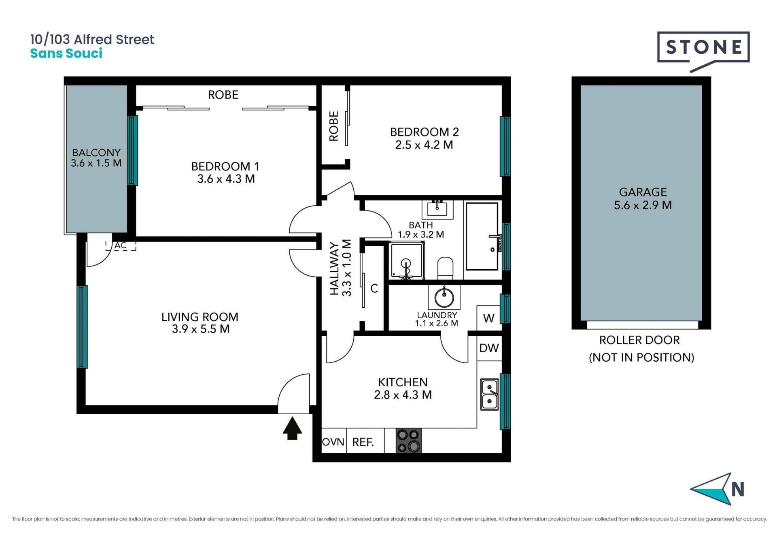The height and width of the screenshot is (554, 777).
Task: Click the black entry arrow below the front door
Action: coord(292,428)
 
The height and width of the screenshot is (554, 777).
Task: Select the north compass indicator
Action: coord(718,489)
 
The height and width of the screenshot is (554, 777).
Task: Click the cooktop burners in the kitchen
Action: coord(408,441)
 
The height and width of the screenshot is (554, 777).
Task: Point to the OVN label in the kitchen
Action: coord(333,442)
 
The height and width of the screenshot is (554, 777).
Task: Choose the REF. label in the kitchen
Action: coord(363,442)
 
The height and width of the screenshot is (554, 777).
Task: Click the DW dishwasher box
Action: coord(489,348)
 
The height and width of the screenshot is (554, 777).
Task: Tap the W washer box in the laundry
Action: coord(489,318)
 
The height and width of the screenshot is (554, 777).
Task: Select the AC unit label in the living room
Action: coord(121,245)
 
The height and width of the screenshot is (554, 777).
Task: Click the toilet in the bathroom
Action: coord(446,268)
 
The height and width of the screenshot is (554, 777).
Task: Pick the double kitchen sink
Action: coord(490,394)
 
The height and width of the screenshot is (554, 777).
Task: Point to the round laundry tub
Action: coord(444,298)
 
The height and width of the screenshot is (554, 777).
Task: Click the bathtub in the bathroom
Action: coord(482,237)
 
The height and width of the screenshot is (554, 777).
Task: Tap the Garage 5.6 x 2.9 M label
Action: coord(643,198)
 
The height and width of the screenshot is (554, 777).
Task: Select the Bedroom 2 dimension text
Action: coord(424,145)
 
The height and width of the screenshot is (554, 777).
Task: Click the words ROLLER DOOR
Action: coord(639,340)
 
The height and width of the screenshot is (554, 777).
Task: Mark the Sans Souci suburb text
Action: coord(66,53)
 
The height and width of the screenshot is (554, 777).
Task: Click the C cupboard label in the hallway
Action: coord(374,288)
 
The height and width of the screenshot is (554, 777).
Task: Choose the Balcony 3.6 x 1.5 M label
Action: coord(96,158)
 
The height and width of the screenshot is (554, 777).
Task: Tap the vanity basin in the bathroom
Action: coord(437,209)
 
